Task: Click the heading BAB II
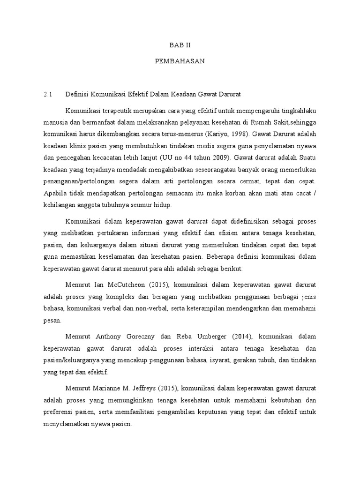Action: pos(180,45)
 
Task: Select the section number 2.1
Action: pos(47,94)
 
